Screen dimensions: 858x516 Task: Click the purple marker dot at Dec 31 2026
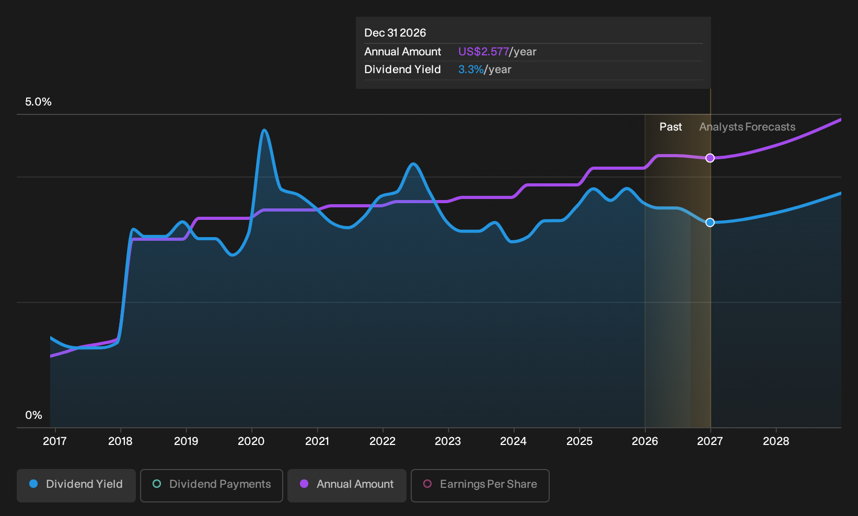(x=710, y=158)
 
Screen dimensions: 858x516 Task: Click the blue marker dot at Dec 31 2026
(x=710, y=222)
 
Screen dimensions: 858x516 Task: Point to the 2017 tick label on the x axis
(x=55, y=441)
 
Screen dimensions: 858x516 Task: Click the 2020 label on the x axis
(x=251, y=441)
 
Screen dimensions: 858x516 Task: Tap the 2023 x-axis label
(x=448, y=441)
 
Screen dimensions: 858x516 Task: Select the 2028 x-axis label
(x=776, y=441)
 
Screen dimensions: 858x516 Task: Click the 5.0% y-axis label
(x=38, y=102)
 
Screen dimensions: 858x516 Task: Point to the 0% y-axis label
(x=34, y=415)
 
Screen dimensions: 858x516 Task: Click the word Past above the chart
(x=671, y=127)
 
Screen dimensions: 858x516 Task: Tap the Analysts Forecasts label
(x=747, y=127)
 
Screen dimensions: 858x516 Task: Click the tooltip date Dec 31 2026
(x=395, y=33)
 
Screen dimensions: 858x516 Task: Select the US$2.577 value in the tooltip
(x=483, y=52)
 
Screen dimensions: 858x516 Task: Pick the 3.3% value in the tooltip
(x=471, y=69)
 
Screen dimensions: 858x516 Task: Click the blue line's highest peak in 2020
(x=264, y=130)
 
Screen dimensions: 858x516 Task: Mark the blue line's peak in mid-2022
(x=413, y=164)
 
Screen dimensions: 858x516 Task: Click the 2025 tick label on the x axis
(x=579, y=441)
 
